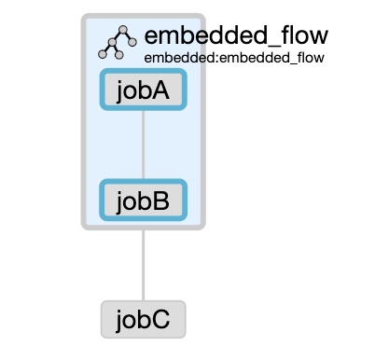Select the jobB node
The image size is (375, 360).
[143, 201]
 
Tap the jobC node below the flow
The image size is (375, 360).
[143, 319]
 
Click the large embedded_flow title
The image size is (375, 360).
[235, 36]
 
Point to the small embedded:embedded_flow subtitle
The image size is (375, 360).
[234, 58]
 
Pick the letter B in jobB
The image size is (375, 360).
[161, 201]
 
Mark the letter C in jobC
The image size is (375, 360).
[161, 319]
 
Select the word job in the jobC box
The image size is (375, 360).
[132, 319]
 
